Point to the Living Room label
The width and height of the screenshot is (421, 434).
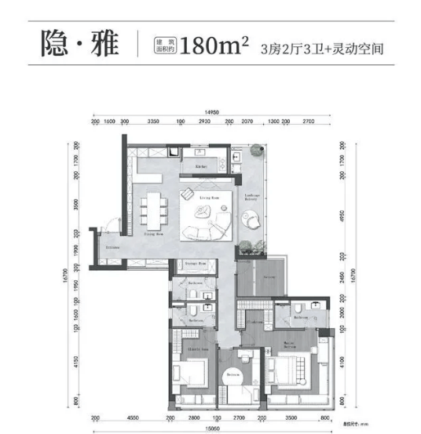coord(207,199)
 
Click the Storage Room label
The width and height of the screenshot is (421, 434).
coord(197,264)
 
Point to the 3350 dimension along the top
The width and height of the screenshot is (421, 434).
coord(153,122)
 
